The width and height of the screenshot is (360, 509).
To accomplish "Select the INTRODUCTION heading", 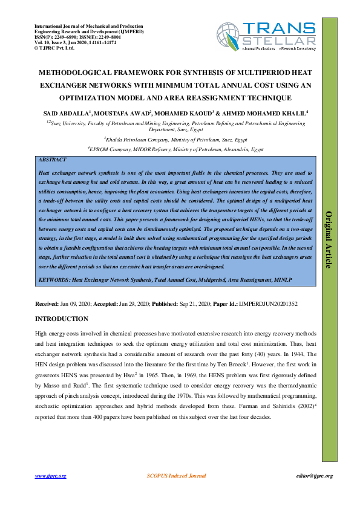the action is click(62, 319).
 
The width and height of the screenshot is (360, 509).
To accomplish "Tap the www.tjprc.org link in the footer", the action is click(50, 476).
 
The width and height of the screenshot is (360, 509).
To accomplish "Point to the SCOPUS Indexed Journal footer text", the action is click(177, 476).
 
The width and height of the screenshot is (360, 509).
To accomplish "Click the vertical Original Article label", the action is click(330, 239).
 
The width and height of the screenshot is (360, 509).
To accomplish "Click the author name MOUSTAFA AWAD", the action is click(123, 112).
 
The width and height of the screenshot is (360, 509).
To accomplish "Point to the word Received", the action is click(47, 304).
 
